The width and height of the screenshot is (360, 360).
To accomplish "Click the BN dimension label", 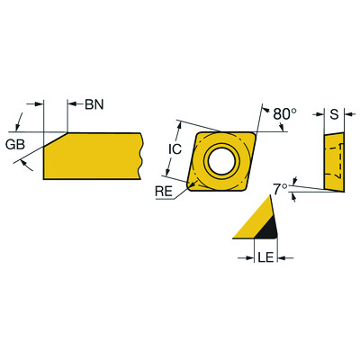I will (94, 104).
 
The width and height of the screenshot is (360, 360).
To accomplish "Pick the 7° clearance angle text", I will (281, 188).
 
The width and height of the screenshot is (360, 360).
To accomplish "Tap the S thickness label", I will (334, 114).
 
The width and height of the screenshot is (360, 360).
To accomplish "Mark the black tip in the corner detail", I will (266, 232).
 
